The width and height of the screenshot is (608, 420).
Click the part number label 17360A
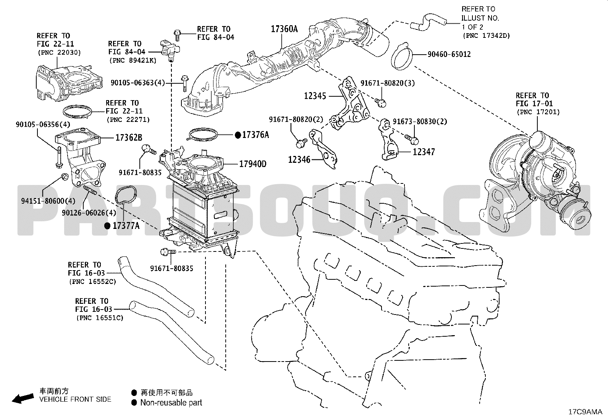click(x=284, y=29)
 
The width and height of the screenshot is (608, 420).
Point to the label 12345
click(x=315, y=96)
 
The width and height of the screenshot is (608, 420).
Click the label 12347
click(x=424, y=152)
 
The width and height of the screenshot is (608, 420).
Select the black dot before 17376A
click(x=238, y=135)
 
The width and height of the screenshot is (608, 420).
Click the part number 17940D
click(x=253, y=164)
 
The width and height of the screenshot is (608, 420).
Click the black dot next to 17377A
click(x=107, y=226)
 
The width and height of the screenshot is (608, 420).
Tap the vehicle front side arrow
click(x=22, y=398)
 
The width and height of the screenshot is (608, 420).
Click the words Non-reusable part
click(x=171, y=402)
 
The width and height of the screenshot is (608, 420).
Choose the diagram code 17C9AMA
click(x=585, y=412)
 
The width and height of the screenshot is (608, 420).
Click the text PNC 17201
click(x=538, y=112)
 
